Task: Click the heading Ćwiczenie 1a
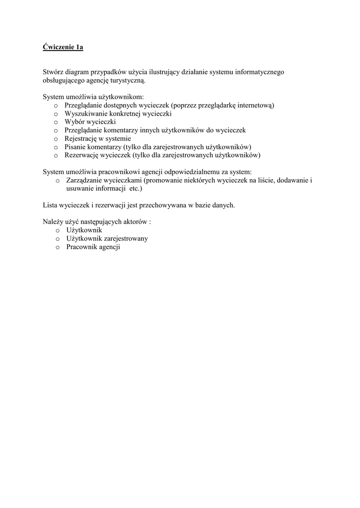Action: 63,48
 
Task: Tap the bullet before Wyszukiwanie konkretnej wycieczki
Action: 56,114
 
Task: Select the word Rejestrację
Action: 81,138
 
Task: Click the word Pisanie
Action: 75,147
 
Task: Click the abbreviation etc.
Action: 132,189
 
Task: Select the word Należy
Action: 52,222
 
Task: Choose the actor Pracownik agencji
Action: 93,247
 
